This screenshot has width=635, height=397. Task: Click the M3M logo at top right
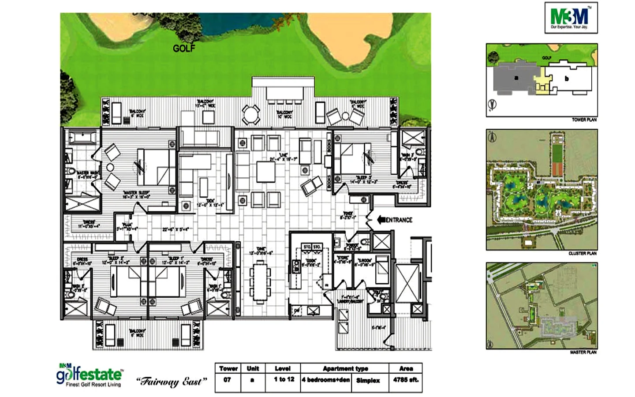pyautogui.click(x=571, y=18)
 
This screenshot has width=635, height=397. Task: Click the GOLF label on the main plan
pyautogui.click(x=184, y=49)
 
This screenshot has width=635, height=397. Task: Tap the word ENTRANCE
pyautogui.click(x=399, y=220)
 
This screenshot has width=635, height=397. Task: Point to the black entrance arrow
pyautogui.click(x=381, y=220)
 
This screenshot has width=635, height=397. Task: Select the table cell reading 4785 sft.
pyautogui.click(x=406, y=380)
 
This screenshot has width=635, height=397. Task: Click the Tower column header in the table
pyautogui.click(x=228, y=368)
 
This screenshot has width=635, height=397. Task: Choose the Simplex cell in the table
pyautogui.click(x=368, y=380)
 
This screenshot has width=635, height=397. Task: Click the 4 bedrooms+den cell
pyautogui.click(x=326, y=380)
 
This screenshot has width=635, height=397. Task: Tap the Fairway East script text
pyautogui.click(x=171, y=382)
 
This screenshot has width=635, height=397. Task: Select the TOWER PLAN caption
pyautogui.click(x=584, y=120)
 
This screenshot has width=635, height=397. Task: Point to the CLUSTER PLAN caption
pyautogui.click(x=583, y=253)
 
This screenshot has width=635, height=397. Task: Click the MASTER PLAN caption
pyautogui.click(x=583, y=352)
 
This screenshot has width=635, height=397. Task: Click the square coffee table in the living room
pyautogui.click(x=267, y=172)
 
